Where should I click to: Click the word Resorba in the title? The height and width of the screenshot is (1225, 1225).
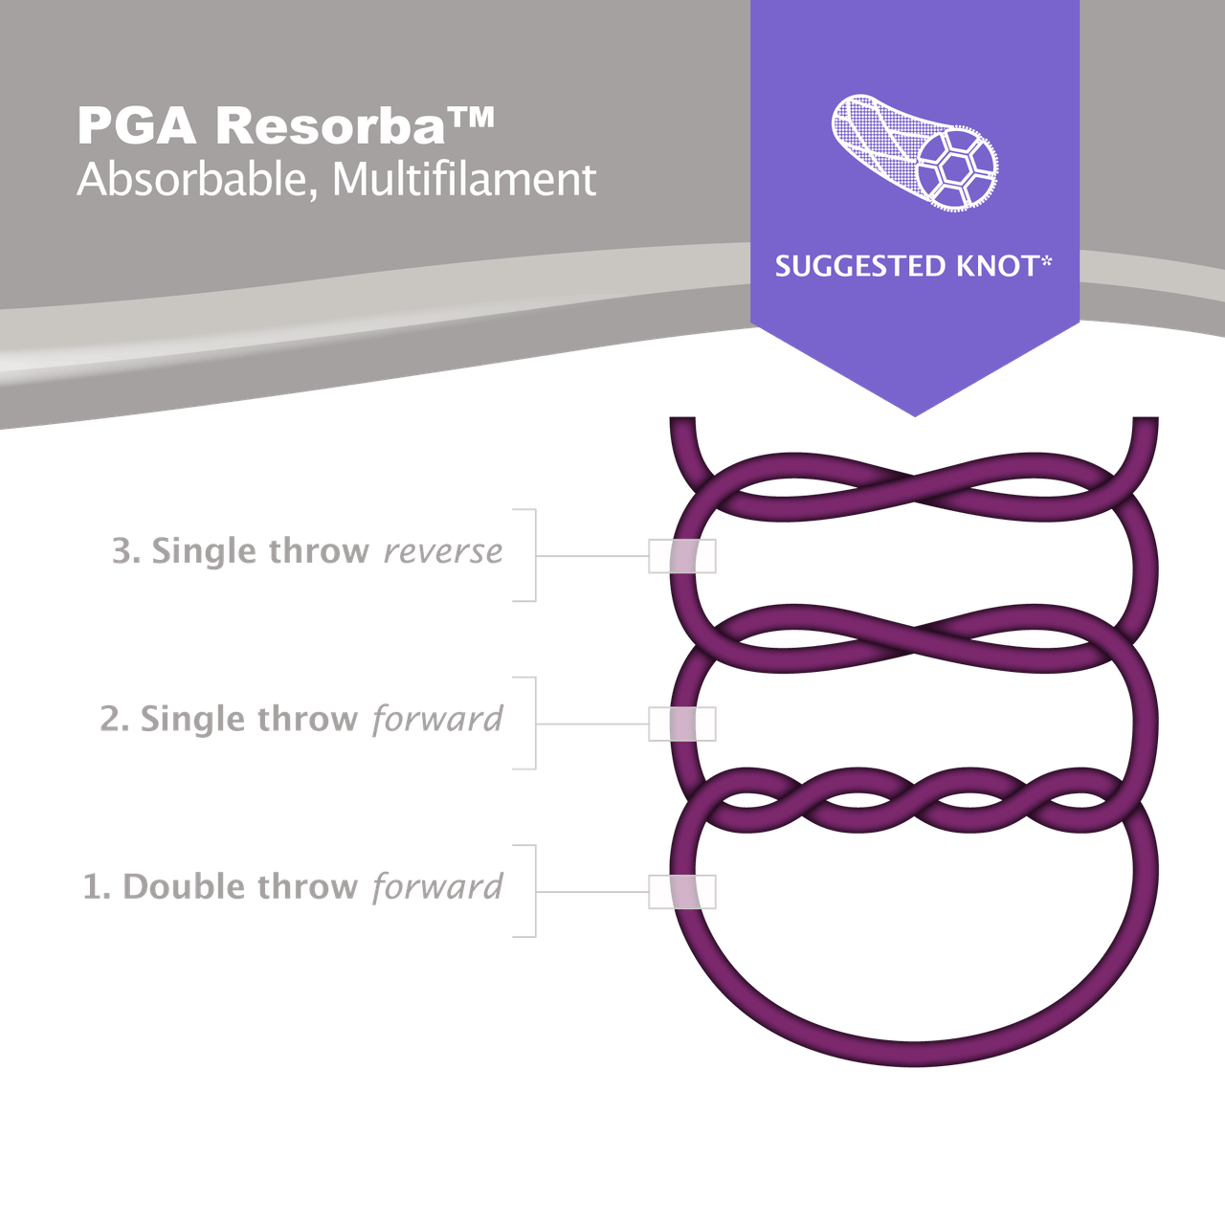coord(330,126)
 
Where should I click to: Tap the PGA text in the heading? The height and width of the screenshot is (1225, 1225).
coord(137,126)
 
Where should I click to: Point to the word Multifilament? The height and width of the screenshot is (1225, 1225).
coord(464,180)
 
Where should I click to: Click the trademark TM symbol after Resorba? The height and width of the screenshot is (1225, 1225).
coord(471,118)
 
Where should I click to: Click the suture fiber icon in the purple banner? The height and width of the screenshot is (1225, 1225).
coord(916,152)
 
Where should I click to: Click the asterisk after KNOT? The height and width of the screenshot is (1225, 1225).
coord(1046,260)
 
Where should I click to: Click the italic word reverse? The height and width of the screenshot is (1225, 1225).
coord(443,551)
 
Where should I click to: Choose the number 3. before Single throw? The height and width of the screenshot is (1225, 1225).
coord(126,551)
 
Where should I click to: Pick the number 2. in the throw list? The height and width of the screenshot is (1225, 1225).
coord(115,720)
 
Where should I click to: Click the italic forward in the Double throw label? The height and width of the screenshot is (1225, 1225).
coord(437,887)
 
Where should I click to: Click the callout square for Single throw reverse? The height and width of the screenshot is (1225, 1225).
coord(682,556)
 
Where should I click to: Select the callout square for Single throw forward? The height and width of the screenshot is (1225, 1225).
coord(682,724)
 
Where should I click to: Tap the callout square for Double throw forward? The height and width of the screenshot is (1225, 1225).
coord(682,892)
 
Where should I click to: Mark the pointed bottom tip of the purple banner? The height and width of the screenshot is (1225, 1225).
coord(915,416)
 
